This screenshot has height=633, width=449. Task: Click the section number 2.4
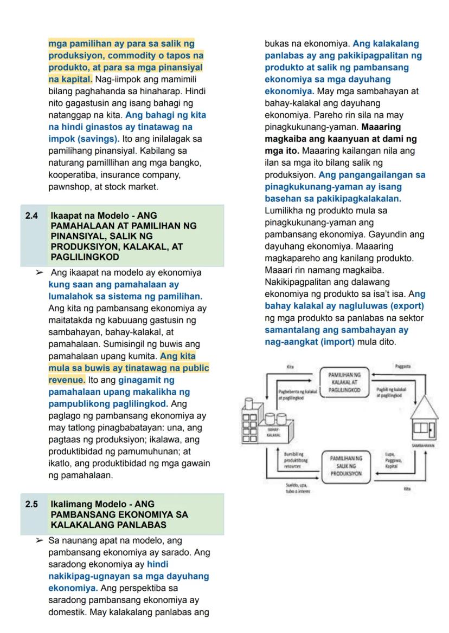coord(31,216)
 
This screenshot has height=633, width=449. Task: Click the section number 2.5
coord(31,504)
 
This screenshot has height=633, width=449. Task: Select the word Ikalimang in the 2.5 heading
coord(68,504)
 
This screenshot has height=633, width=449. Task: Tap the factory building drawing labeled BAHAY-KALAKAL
coord(266,422)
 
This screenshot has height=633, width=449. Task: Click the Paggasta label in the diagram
coord(403,367)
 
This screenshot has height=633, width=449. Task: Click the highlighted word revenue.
coord(66,380)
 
